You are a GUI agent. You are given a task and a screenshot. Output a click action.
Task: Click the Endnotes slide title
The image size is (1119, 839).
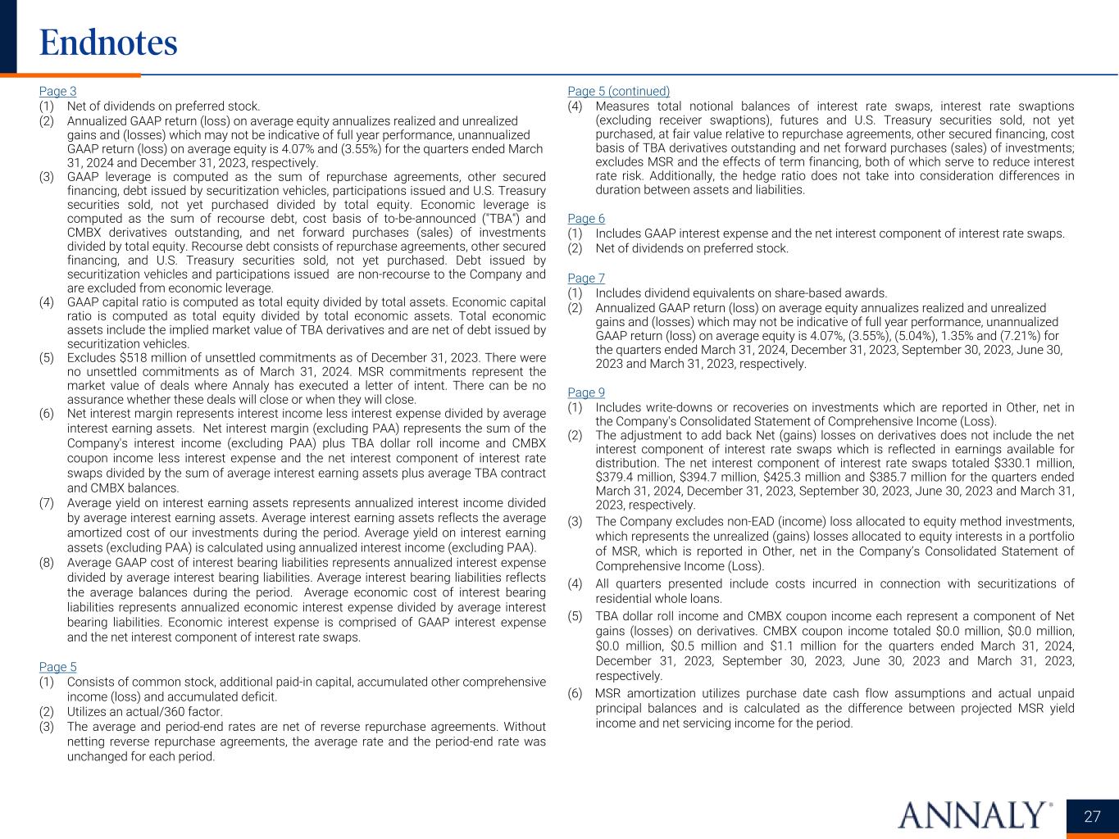(108, 43)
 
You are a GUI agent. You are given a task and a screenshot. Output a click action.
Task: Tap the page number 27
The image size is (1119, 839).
(1092, 817)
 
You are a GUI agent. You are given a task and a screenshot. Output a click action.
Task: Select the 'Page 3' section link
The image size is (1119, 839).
(57, 91)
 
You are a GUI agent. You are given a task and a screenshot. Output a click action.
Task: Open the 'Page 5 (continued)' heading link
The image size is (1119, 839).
(618, 91)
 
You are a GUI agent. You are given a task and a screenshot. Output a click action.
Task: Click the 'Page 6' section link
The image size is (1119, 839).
(586, 218)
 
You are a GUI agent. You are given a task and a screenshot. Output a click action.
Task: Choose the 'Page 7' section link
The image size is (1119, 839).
(586, 278)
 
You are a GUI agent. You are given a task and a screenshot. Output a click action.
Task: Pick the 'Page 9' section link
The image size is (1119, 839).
(586, 392)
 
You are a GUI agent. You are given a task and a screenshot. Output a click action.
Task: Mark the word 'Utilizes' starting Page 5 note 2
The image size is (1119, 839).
(87, 712)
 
